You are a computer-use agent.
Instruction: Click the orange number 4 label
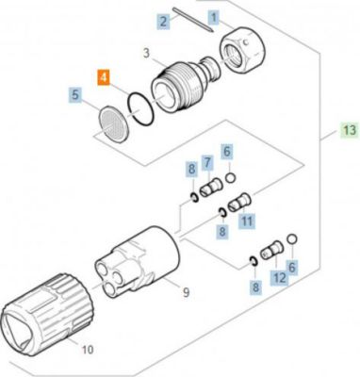pos(104,78)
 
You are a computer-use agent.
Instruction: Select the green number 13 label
pos(350,130)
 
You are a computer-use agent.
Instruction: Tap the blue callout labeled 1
pos(214,17)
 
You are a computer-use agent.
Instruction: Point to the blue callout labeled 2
pos(163,22)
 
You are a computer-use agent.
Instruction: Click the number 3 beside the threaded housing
pos(146,54)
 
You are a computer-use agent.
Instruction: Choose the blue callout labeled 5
pos(74,94)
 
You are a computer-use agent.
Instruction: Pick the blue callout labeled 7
pos(207,162)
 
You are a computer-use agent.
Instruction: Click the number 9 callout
pos(187,293)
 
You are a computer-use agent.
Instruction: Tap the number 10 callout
pos(88,349)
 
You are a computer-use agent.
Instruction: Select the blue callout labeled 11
pos(247,221)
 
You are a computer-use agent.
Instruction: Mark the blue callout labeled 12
pos(280,278)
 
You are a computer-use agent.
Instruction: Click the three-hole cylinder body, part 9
pos(139,262)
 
